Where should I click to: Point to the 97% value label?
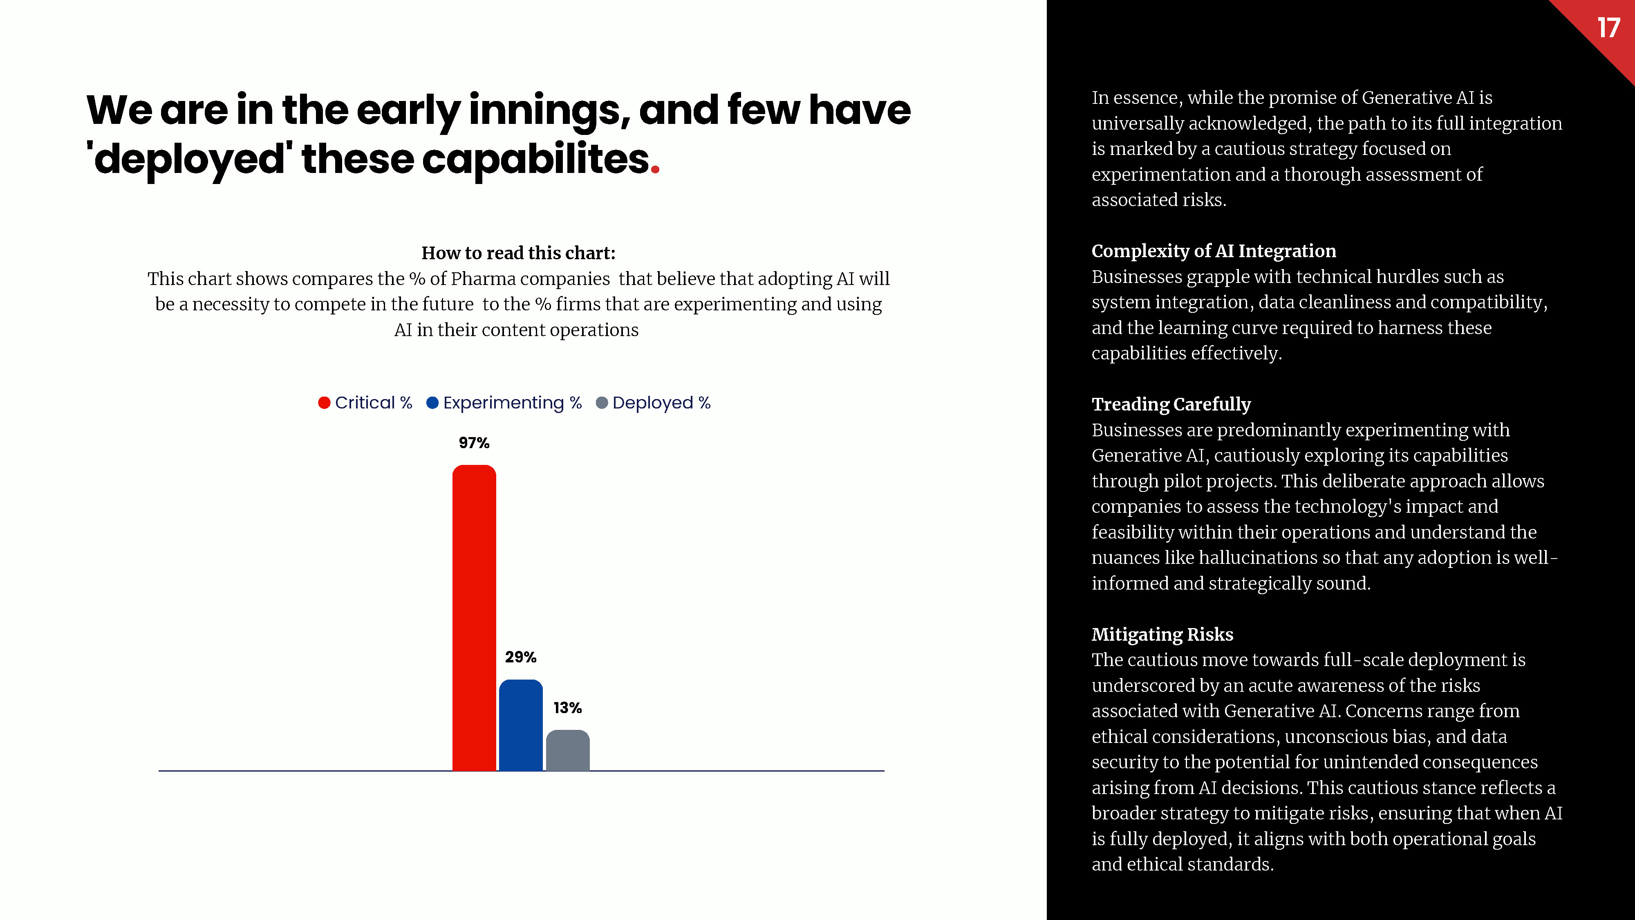tap(474, 443)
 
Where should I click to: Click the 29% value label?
tap(520, 657)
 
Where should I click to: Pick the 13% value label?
tap(567, 708)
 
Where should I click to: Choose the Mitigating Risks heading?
tap(1162, 634)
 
